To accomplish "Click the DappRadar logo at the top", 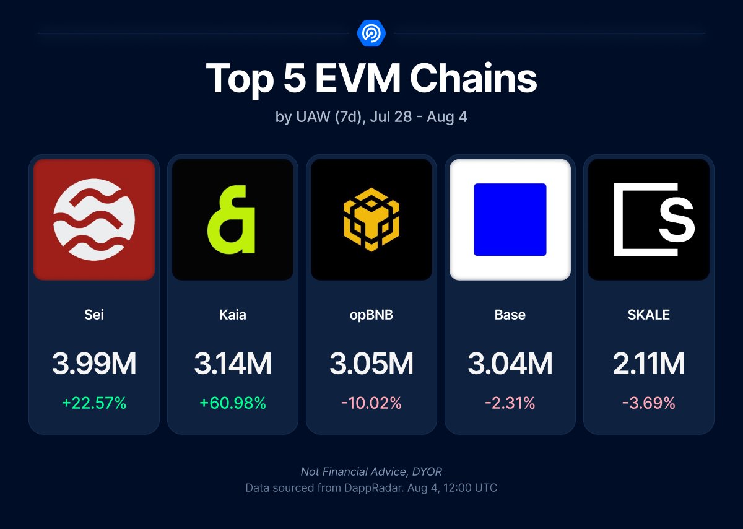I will tap(371, 32).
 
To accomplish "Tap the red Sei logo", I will tap(94, 219).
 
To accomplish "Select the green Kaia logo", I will tap(233, 219).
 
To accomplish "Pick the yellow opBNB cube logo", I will tap(371, 219).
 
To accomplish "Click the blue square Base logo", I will tap(510, 219).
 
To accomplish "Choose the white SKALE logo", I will tap(649, 219).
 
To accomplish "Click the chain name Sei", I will tap(94, 315).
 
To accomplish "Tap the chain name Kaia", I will tap(233, 315).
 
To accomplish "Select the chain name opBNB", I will tap(371, 315).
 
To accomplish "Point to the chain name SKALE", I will tap(649, 315).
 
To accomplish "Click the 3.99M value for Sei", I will tap(94, 364).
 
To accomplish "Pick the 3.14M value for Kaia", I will tap(233, 364).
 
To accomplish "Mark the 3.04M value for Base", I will tap(510, 364).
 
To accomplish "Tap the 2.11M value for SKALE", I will tap(649, 364).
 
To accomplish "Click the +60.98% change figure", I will tap(233, 403).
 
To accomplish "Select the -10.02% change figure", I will tap(371, 403).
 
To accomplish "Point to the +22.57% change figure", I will tap(94, 403).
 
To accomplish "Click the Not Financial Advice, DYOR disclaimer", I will tap(371, 472).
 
